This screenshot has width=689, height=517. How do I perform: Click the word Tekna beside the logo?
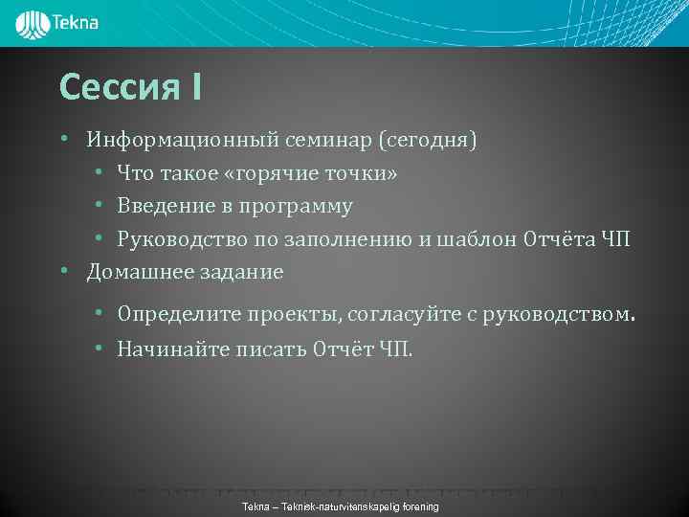(77, 21)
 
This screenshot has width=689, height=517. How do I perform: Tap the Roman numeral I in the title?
(195, 88)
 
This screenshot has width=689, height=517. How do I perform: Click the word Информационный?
(182, 141)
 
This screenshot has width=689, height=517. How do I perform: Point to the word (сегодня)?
(428, 141)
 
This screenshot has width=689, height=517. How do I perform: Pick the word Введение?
(162, 206)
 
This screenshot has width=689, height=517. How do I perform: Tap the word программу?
(297, 206)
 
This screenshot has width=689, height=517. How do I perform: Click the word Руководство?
(179, 238)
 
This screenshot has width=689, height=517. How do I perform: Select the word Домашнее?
(139, 272)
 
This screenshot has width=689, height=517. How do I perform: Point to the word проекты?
(292, 313)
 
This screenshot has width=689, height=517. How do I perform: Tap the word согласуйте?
(402, 313)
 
